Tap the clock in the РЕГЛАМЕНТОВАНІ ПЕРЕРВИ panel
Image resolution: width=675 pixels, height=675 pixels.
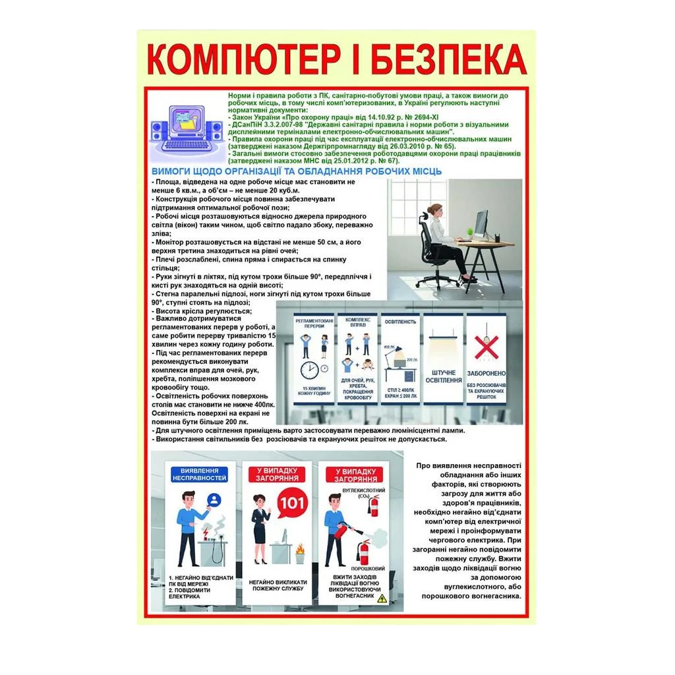tap(310, 369)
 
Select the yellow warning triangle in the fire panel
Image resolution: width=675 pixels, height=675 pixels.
tap(381, 598)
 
